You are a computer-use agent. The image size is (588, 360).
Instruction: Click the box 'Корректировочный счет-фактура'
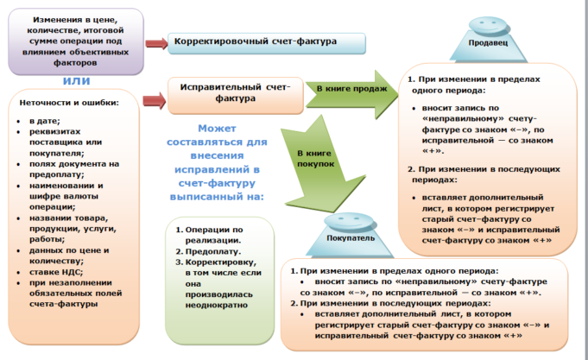tap(256, 42)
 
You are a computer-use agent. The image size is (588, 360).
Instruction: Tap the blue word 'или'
tap(76, 80)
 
